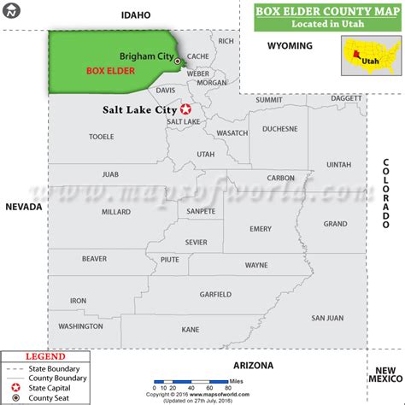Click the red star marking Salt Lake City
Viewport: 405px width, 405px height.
point(185,109)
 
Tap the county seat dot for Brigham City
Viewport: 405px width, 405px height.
point(178,62)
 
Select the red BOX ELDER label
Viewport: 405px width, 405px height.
point(109,71)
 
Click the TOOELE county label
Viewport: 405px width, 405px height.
point(102,136)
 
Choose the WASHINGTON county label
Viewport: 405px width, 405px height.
point(80,326)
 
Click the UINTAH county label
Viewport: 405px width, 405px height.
point(338,164)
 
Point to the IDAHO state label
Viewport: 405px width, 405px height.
point(136,15)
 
